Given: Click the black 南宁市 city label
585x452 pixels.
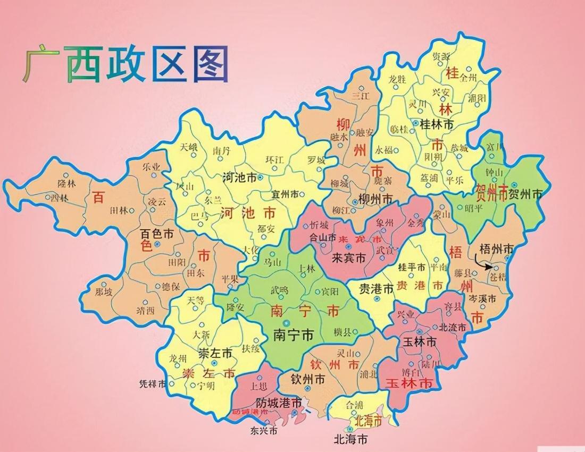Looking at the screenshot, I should [293, 335].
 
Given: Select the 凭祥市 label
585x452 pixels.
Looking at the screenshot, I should [153, 383].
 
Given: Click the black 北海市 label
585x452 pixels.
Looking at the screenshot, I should [350, 439].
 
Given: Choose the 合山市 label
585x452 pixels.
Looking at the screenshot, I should [323, 238].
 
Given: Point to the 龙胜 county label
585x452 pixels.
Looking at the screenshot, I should [397, 79].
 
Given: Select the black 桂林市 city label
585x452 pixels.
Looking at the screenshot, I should [436, 125].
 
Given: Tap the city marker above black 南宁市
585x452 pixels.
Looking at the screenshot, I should [288, 322].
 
